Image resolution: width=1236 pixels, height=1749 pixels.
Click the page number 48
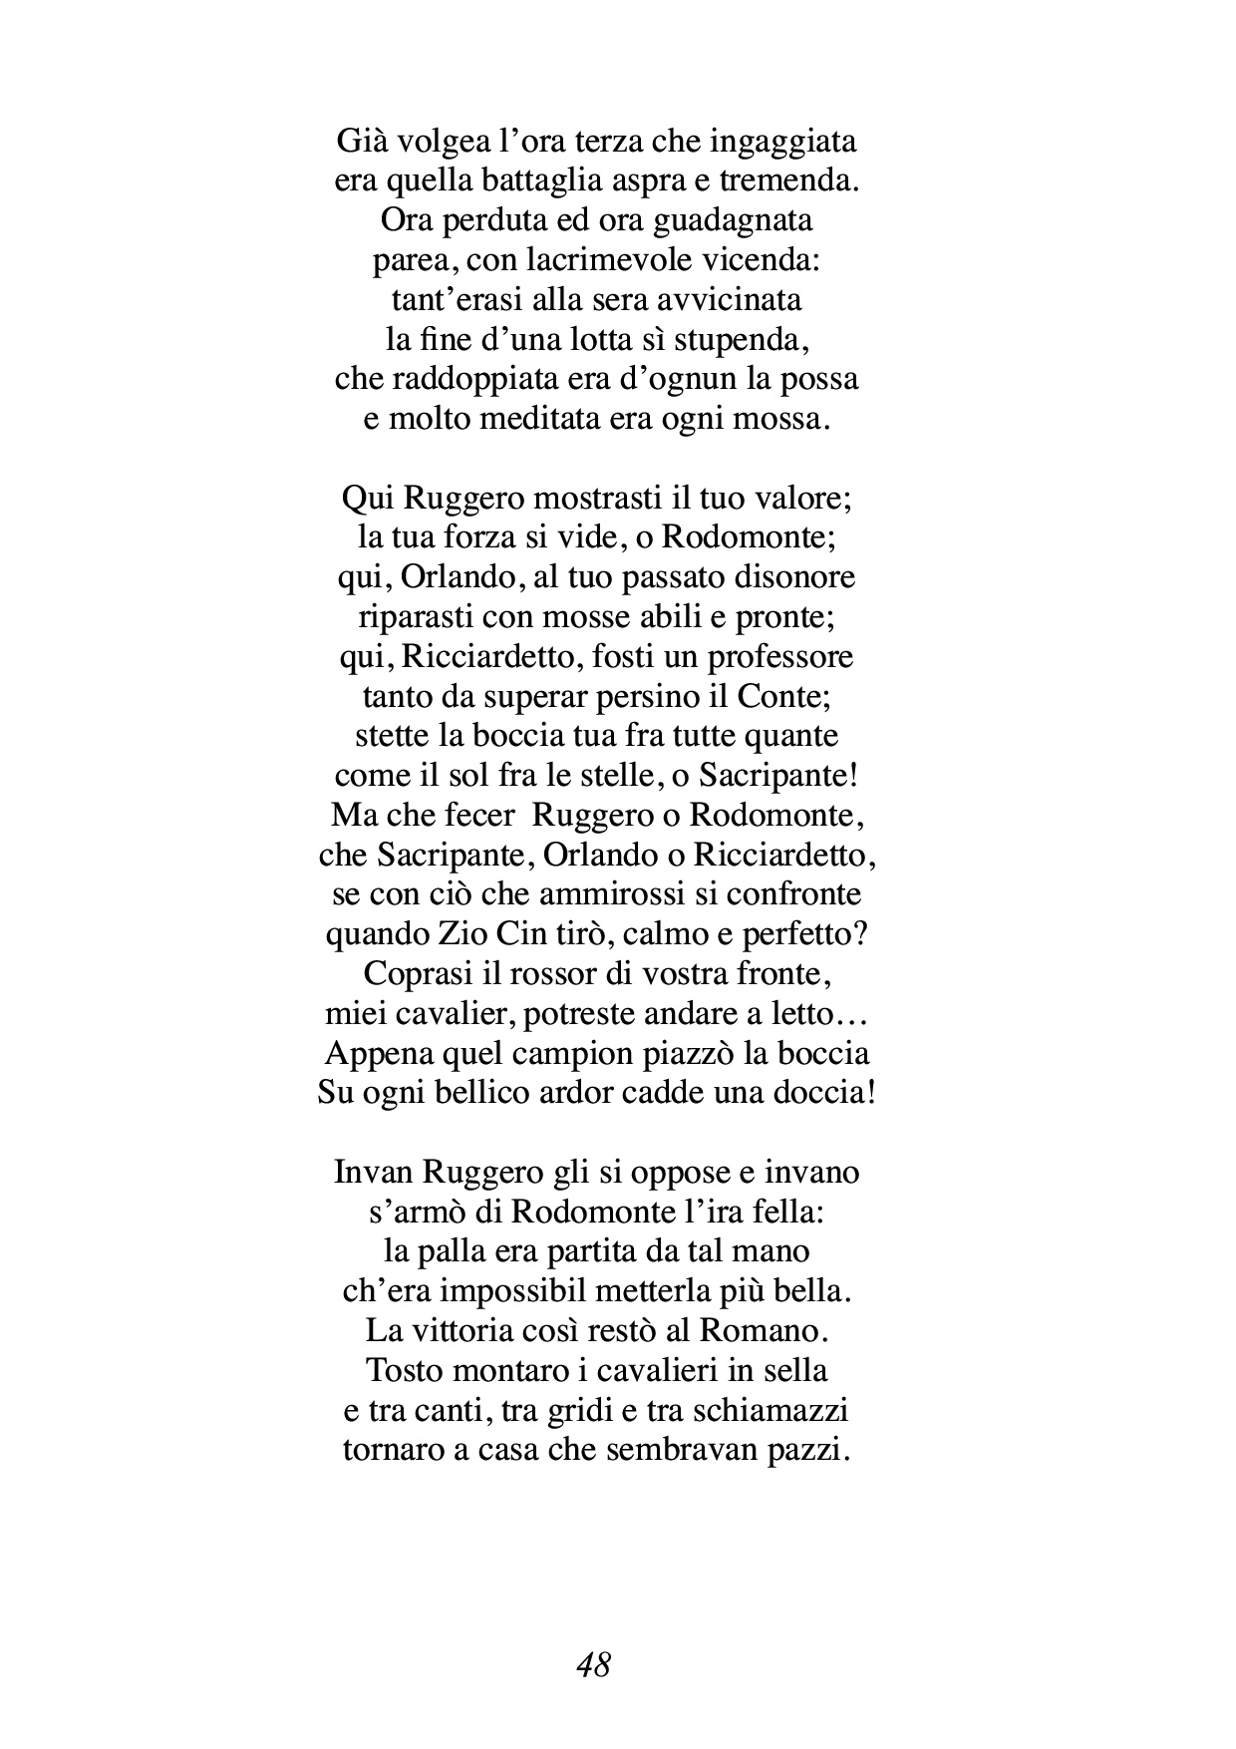pyautogui.click(x=593, y=1663)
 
